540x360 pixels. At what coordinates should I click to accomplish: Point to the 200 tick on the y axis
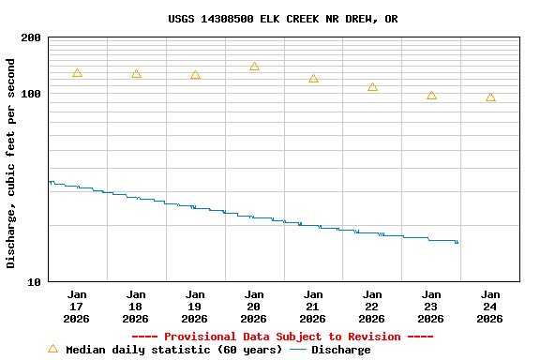pyautogui.click(x=31, y=37)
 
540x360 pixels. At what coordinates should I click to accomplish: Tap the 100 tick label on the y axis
pyautogui.click(x=31, y=94)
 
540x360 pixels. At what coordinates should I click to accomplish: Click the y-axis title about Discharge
pyautogui.click(x=11, y=163)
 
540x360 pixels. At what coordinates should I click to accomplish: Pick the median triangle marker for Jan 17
pyautogui.click(x=77, y=73)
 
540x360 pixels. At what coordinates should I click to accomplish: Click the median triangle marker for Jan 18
pyautogui.click(x=136, y=74)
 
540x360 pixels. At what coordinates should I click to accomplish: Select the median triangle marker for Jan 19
pyautogui.click(x=195, y=75)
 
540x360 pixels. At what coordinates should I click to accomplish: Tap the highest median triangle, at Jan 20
pyautogui.click(x=254, y=67)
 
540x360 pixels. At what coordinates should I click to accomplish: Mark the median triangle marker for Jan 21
pyautogui.click(x=313, y=79)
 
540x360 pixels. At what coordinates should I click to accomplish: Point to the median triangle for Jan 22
pyautogui.click(x=372, y=87)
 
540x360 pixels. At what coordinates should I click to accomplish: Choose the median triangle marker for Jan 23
pyautogui.click(x=431, y=96)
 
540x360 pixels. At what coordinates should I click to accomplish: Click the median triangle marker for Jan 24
pyautogui.click(x=490, y=97)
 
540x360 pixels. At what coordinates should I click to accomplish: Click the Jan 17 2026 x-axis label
pyautogui.click(x=77, y=307)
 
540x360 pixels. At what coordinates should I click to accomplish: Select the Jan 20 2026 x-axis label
pyautogui.click(x=254, y=307)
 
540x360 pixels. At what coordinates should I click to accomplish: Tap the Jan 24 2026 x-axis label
pyautogui.click(x=490, y=307)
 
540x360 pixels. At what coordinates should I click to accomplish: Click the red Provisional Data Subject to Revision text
pyautogui.click(x=282, y=337)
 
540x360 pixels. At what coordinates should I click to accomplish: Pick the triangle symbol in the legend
pyautogui.click(x=52, y=349)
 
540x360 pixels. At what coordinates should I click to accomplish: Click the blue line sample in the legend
pyautogui.click(x=298, y=350)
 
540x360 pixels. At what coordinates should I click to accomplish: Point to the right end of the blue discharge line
pyautogui.click(x=457, y=243)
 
